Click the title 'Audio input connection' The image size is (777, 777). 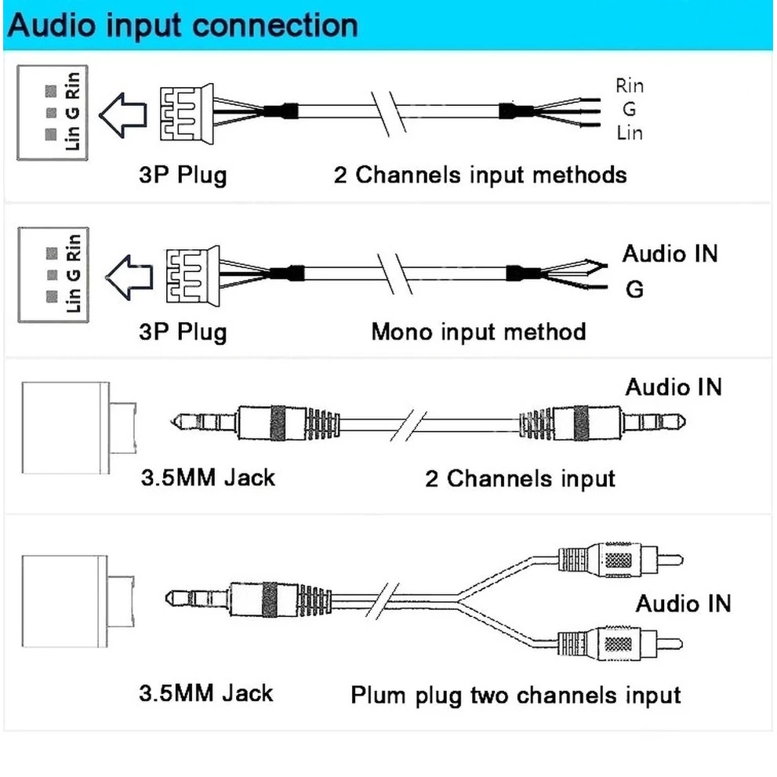183,25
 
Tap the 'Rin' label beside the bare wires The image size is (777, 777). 630,85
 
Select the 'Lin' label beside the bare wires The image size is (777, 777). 630,133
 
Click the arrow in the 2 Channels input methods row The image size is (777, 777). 123,115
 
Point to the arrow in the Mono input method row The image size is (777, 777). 129,278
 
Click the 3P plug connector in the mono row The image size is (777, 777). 193,276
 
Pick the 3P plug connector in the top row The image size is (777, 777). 187,114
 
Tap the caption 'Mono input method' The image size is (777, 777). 478,332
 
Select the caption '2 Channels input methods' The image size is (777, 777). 480,175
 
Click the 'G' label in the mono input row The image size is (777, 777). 634,289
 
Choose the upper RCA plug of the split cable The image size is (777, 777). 620,560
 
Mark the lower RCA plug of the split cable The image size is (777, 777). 620,644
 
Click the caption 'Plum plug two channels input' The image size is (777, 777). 515,695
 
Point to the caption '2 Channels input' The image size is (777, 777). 520,479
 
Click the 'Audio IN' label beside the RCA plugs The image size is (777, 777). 684,604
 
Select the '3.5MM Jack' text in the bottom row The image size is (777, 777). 205,693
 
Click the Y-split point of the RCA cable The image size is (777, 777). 457,598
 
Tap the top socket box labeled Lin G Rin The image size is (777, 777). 53,112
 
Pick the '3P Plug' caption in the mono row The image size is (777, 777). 183,332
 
